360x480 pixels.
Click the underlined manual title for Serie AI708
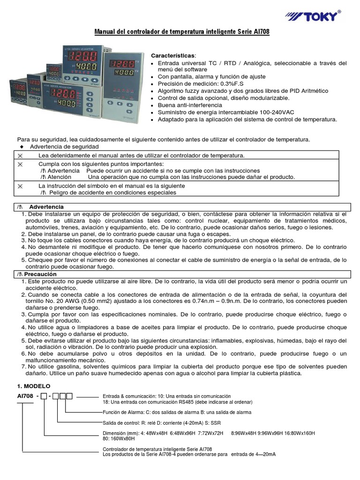click(x=182, y=31)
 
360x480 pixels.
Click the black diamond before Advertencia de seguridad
click(x=22, y=147)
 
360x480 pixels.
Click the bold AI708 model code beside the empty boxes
click(x=25, y=397)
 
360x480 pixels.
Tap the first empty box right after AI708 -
click(x=44, y=397)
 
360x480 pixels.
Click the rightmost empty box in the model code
click(x=69, y=397)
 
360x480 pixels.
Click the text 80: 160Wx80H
click(x=119, y=439)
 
